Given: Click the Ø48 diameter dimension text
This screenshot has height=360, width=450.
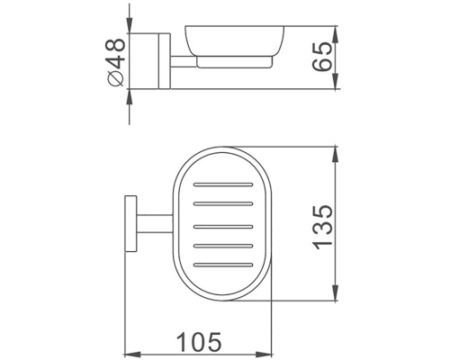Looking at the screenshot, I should (114, 61).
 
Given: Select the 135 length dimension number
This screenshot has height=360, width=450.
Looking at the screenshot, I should (326, 225).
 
